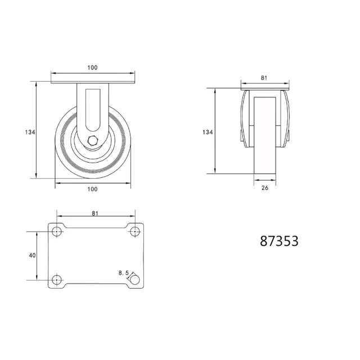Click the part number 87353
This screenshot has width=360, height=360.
pyautogui.click(x=279, y=241)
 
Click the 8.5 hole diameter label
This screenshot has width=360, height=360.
pyautogui.click(x=124, y=273)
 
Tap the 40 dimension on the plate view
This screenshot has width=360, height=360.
pyautogui.click(x=33, y=255)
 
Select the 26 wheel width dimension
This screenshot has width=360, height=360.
pyautogui.click(x=265, y=188)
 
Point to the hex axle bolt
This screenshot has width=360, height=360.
pyautogui.click(x=93, y=141)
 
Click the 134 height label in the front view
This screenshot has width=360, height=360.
pyautogui.click(x=30, y=132)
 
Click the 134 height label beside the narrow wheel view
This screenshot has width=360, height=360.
pyautogui.click(x=208, y=132)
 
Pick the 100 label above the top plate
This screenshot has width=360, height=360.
pyautogui.click(x=92, y=67)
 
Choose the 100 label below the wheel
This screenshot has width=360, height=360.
pyautogui.click(x=92, y=189)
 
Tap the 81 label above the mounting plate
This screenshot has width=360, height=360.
pyautogui.click(x=95, y=213)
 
